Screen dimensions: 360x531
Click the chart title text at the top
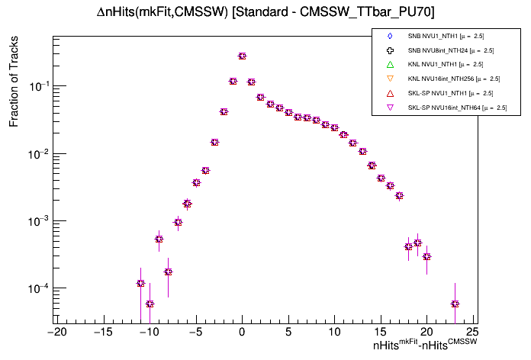(265, 11)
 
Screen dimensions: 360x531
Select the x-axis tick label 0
(242, 332)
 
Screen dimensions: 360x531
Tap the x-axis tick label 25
(472, 332)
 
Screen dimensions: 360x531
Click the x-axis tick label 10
(334, 332)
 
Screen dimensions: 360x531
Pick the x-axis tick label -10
(148, 332)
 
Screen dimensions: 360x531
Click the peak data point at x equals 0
(242, 56)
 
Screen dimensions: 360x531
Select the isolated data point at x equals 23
(455, 304)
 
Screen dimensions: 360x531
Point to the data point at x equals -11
(140, 283)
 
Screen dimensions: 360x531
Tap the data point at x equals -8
(168, 272)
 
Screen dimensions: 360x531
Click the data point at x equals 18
(408, 246)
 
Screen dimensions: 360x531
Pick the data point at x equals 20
(426, 256)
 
